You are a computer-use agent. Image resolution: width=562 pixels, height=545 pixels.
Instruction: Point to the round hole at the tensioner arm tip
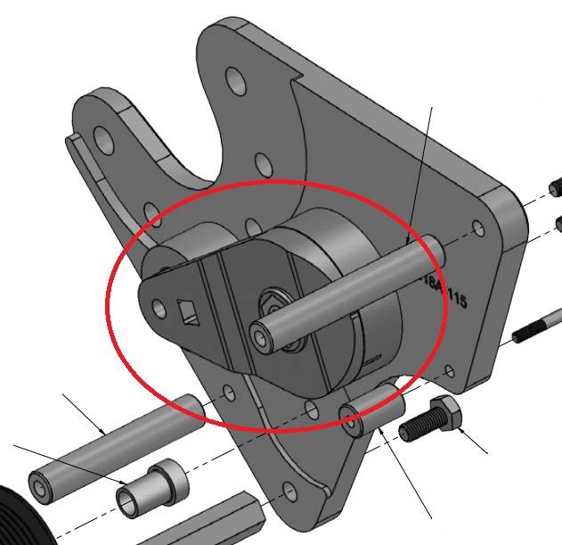pos(159,309)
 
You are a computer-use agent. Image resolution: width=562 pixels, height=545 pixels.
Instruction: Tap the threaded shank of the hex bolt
pos(416,429)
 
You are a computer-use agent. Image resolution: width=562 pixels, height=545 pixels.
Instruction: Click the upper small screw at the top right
pos(557,187)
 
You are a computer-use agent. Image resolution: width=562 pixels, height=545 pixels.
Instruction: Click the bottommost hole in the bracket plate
pos(289,491)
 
